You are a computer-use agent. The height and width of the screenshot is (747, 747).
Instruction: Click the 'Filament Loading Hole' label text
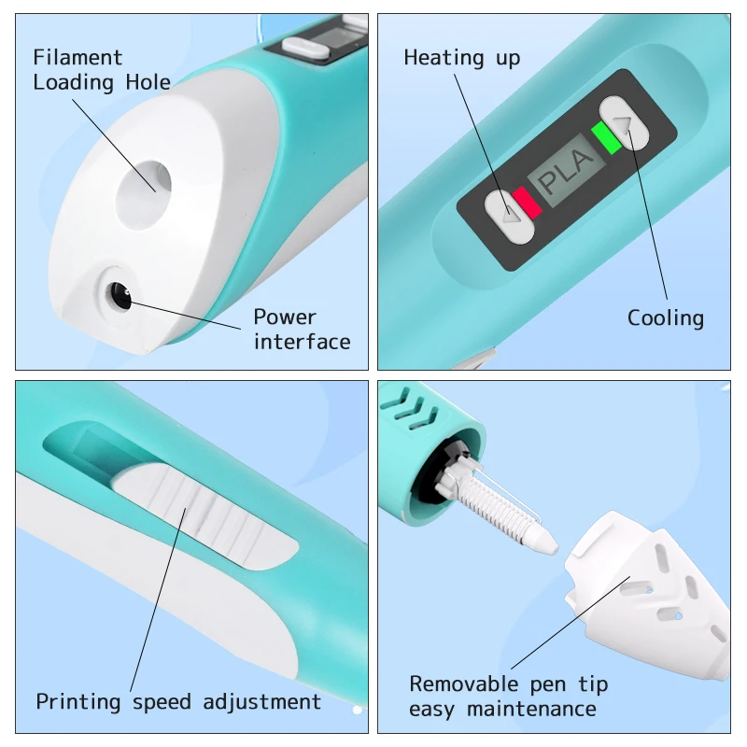102,70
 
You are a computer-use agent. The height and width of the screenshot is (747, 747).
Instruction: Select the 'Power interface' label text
302,330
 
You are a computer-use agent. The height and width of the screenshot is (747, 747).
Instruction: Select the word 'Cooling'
665,318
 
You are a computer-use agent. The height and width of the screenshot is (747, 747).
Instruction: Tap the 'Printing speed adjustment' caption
177,701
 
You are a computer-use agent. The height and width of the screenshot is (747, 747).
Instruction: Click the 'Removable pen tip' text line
508,684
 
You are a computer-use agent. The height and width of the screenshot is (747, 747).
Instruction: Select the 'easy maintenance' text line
501,710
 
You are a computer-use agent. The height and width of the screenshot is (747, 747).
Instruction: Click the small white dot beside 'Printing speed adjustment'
357,711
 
